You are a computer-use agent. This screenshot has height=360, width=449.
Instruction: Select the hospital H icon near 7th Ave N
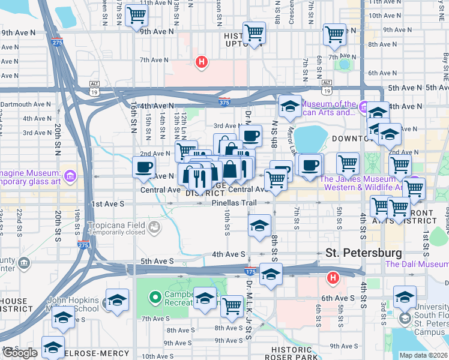202,61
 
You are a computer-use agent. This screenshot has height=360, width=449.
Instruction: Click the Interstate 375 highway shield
224,103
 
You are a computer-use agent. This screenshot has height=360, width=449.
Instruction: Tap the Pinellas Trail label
235,203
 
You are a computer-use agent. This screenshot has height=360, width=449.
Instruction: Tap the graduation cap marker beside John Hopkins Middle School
117,301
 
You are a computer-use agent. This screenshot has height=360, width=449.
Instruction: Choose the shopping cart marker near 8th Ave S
232,306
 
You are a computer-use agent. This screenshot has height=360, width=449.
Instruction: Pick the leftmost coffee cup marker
143,168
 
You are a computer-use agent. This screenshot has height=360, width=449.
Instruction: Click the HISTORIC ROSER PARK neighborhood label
293,353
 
